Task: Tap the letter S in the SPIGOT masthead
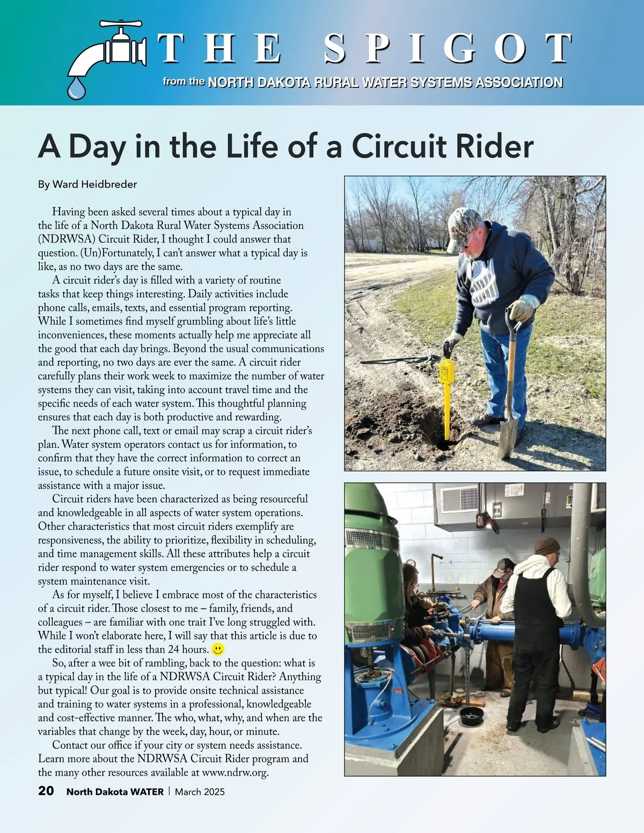click(335, 48)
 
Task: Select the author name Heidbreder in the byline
click(109, 185)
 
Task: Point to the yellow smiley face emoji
click(218, 650)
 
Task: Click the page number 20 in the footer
click(46, 791)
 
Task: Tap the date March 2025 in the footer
click(200, 792)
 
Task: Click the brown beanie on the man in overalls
click(547, 546)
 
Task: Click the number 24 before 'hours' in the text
click(173, 650)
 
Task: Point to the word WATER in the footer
click(147, 792)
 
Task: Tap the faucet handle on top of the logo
click(121, 24)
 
